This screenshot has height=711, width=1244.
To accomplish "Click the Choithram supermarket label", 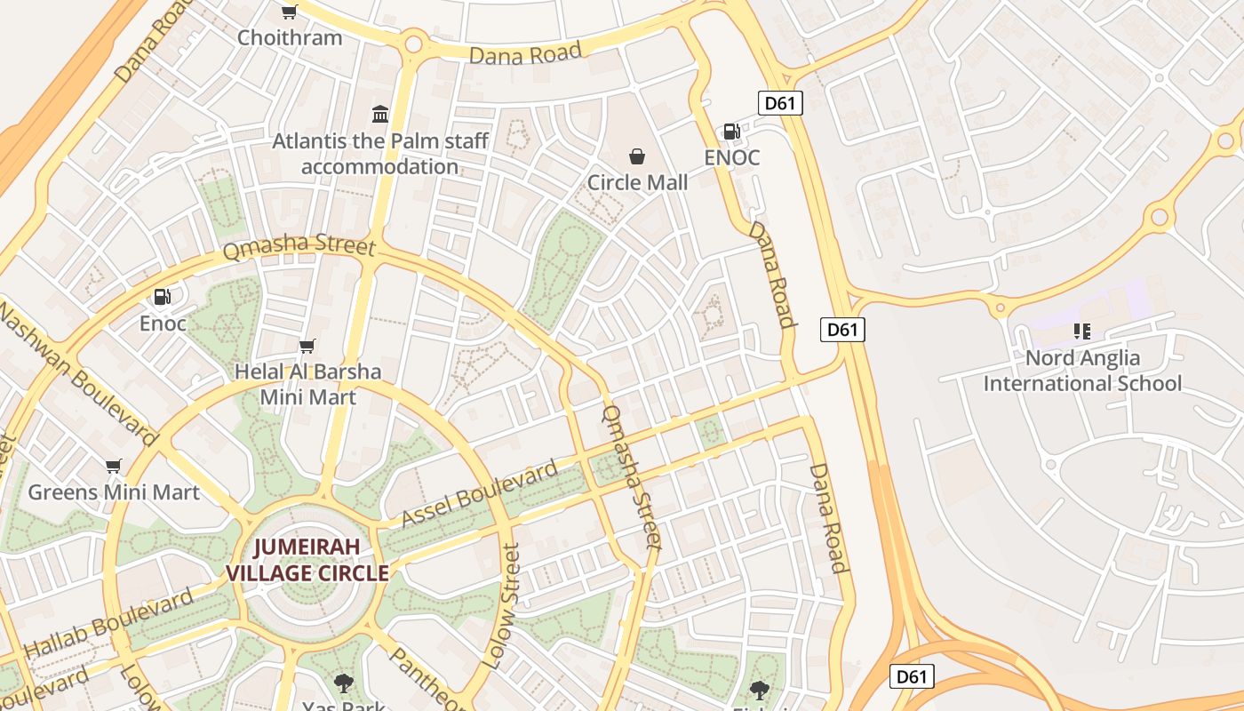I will (x=290, y=37).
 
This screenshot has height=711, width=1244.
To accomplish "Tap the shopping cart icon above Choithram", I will (x=289, y=12).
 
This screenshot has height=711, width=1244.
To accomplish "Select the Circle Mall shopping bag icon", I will (x=637, y=157).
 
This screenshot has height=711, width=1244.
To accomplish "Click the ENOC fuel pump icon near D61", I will (x=731, y=132).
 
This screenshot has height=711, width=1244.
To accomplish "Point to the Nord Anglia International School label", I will (x=1082, y=371).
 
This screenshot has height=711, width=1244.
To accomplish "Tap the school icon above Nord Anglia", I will (x=1081, y=332).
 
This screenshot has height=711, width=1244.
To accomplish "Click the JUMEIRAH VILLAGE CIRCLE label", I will (x=307, y=560).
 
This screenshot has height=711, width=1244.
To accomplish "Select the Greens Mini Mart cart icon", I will (x=113, y=467).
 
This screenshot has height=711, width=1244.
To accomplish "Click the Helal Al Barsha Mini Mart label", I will (x=307, y=384).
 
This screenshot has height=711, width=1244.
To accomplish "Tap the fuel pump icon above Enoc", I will (x=162, y=297).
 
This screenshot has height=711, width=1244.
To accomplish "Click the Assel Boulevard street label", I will (x=480, y=493).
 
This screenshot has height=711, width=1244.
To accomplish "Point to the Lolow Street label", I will (x=500, y=607).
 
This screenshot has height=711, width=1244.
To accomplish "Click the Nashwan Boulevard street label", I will (x=77, y=374).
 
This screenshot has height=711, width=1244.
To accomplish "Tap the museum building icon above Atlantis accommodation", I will (x=380, y=114).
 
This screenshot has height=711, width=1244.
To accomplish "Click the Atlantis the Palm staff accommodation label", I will (x=380, y=154).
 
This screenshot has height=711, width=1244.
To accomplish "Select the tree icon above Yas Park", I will (x=343, y=683).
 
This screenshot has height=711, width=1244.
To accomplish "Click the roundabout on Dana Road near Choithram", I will (x=412, y=43).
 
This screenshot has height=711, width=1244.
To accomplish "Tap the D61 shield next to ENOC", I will (x=780, y=103).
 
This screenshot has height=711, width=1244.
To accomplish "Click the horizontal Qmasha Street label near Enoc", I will (x=299, y=246).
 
